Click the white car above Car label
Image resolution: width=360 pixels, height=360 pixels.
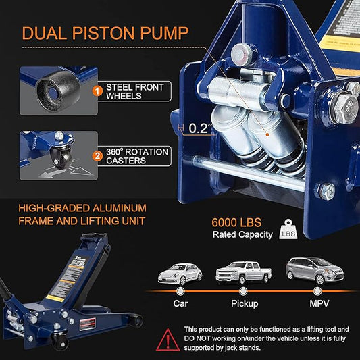180,273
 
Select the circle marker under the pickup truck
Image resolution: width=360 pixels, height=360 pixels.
244,291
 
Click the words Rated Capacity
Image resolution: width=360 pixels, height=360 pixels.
242,235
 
